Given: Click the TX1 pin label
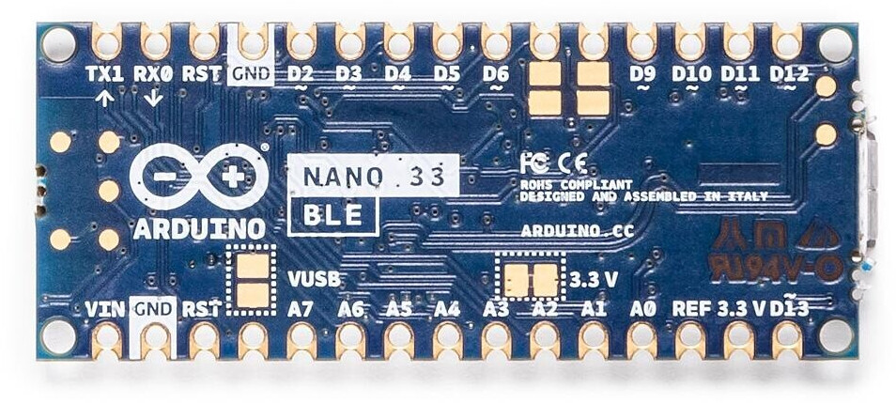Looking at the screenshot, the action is pos(104,72).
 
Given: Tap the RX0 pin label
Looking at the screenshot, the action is pos(153,72).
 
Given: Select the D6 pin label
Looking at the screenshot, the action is pos(496,72).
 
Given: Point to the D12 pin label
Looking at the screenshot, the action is pos(788,72).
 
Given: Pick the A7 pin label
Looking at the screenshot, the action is pos(301,308).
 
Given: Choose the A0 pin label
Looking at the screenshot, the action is pos(642,308).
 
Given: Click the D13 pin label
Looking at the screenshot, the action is pos(791,308).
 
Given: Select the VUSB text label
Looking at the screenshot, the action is pos(313,279).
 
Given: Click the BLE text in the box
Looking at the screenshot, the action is pos(333,216).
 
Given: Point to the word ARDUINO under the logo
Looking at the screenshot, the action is pos(198,229).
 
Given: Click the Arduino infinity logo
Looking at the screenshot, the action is pos(198,176).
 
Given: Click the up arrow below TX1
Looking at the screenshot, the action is pos(104,97).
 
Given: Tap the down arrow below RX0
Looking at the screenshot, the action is pos(153,97).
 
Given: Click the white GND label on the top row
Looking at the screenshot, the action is pos(251,72).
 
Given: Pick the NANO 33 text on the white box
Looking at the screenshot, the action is pos(373,175).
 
